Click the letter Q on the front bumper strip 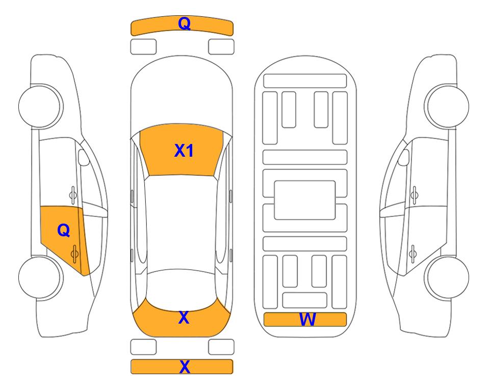pyautogui.click(x=184, y=23)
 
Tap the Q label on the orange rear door pyautogui.click(x=64, y=231)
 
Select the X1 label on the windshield pyautogui.click(x=184, y=151)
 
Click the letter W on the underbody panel pyautogui.click(x=307, y=320)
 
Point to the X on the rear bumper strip pyautogui.click(x=185, y=366)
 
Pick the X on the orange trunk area pyautogui.click(x=184, y=317)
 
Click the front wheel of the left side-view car pyautogui.click(x=40, y=106)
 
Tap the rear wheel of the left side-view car pyautogui.click(x=40, y=277)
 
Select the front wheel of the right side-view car pyautogui.click(x=448, y=106)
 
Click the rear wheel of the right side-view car pyautogui.click(x=448, y=277)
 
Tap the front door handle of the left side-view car pyautogui.click(x=73, y=195)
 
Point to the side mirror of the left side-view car pyautogui.click(x=84, y=157)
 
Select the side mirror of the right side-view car pyautogui.click(x=404, y=157)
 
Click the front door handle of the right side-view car pyautogui.click(x=415, y=195)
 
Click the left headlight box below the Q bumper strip pyautogui.click(x=143, y=47)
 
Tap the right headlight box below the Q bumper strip pyautogui.click(x=221, y=47)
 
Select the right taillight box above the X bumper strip pyautogui.click(x=221, y=347)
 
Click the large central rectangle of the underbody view pyautogui.click(x=305, y=200)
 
